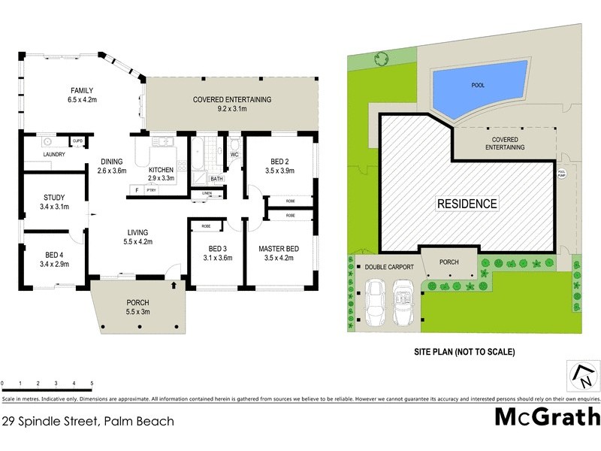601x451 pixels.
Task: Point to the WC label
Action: click(234, 155)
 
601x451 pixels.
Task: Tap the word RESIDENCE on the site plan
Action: click(467, 204)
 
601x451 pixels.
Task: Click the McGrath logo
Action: click(547, 416)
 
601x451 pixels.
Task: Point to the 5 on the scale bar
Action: click(92, 383)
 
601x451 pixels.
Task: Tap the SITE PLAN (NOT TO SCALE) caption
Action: click(464, 351)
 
